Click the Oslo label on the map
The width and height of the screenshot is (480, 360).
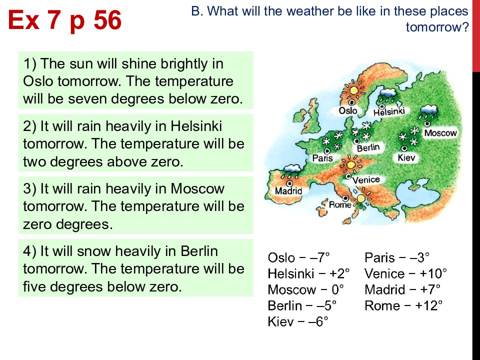[x=348, y=110]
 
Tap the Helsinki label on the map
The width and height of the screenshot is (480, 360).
[x=389, y=111]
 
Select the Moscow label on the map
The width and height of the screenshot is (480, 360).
[x=440, y=133]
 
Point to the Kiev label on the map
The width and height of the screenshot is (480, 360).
[x=406, y=157]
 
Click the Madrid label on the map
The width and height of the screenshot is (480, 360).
[x=288, y=191]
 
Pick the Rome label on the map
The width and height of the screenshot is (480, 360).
[x=340, y=204]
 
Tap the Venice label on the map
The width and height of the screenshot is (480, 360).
[x=366, y=179]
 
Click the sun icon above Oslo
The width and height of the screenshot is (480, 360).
[x=353, y=90]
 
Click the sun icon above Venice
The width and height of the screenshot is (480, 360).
[x=351, y=164]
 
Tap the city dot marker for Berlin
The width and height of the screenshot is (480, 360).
[x=356, y=141]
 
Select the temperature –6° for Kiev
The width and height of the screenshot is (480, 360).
[x=318, y=321]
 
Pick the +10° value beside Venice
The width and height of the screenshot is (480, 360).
[x=433, y=273]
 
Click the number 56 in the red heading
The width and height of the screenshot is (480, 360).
[x=107, y=20]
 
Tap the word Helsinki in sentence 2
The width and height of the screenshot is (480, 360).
[x=196, y=126]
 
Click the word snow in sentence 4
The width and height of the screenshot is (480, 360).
[x=93, y=251]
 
